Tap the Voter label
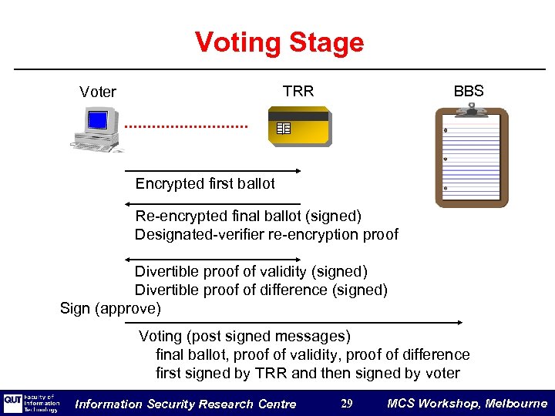coord(98,92)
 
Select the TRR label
coord(298,91)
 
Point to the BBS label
coord(469,91)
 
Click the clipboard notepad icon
coord(472,156)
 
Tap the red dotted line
coord(186,126)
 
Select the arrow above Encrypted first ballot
coord(213,170)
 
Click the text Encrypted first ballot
coord(205,183)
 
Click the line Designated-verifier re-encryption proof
coord(267,234)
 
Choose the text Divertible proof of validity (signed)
coord(251,271)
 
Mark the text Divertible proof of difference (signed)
coord(261,290)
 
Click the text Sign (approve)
coord(110,308)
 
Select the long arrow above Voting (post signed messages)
coord(293,323)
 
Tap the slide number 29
coord(347,403)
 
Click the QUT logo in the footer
coord(13,403)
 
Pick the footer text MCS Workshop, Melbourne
coord(467,403)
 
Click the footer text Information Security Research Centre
coord(185,404)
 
